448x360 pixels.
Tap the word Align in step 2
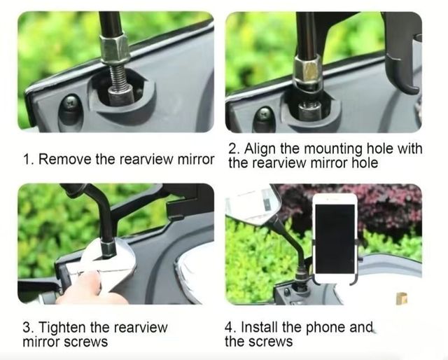pyautogui.click(x=260, y=148)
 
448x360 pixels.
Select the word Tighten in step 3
pyautogui.click(x=62, y=327)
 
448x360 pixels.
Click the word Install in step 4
pyautogui.click(x=260, y=326)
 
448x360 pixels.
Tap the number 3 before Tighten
pyautogui.click(x=28, y=327)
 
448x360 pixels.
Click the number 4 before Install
pyautogui.click(x=229, y=327)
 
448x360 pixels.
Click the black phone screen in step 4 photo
pyautogui.click(x=335, y=238)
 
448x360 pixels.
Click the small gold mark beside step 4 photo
pyautogui.click(x=401, y=298)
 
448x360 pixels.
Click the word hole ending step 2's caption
pyautogui.click(x=365, y=163)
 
